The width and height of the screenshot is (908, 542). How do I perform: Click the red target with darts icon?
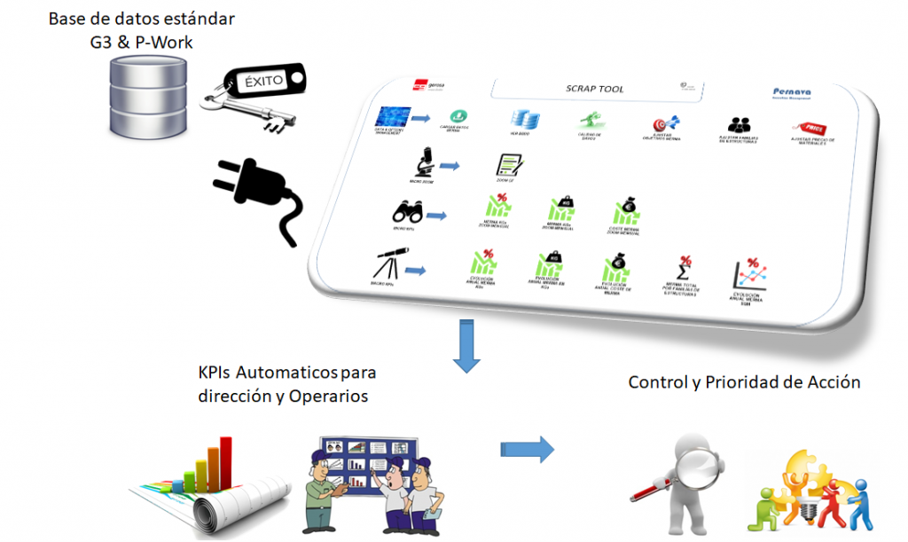point(664,123)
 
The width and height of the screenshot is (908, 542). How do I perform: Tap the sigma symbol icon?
point(682,268)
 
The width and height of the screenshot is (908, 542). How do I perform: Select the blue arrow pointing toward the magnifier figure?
point(527,449)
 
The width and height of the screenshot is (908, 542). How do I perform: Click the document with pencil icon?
point(509,164)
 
